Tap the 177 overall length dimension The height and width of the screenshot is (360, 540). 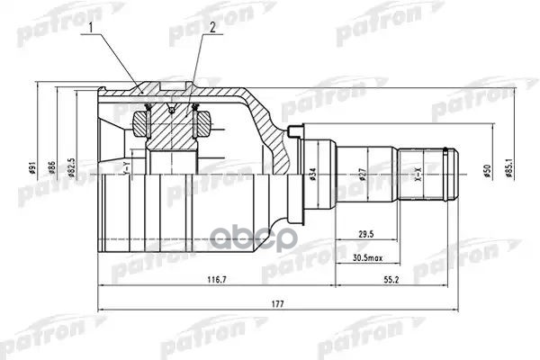[277, 305]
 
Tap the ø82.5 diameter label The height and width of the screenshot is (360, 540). [71, 167]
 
